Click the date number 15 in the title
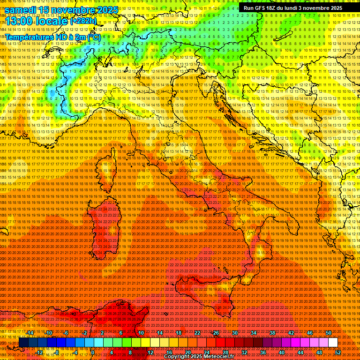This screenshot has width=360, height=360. pos(45,9)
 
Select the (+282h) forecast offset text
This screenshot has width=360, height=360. pos(83,21)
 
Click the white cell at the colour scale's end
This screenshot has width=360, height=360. pos(333,343)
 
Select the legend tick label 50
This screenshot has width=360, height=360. pos(328,333)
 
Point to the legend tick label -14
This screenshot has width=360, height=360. pos(30,333)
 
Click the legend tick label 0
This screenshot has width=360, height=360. pos(93,352)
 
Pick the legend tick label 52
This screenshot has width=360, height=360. pos(337,352)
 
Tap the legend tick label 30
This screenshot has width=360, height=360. pos(234,333)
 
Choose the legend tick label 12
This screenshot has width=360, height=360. pos(150,352)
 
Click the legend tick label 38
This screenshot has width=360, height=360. pos(272,333)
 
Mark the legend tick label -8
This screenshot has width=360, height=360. pos(56,352)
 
